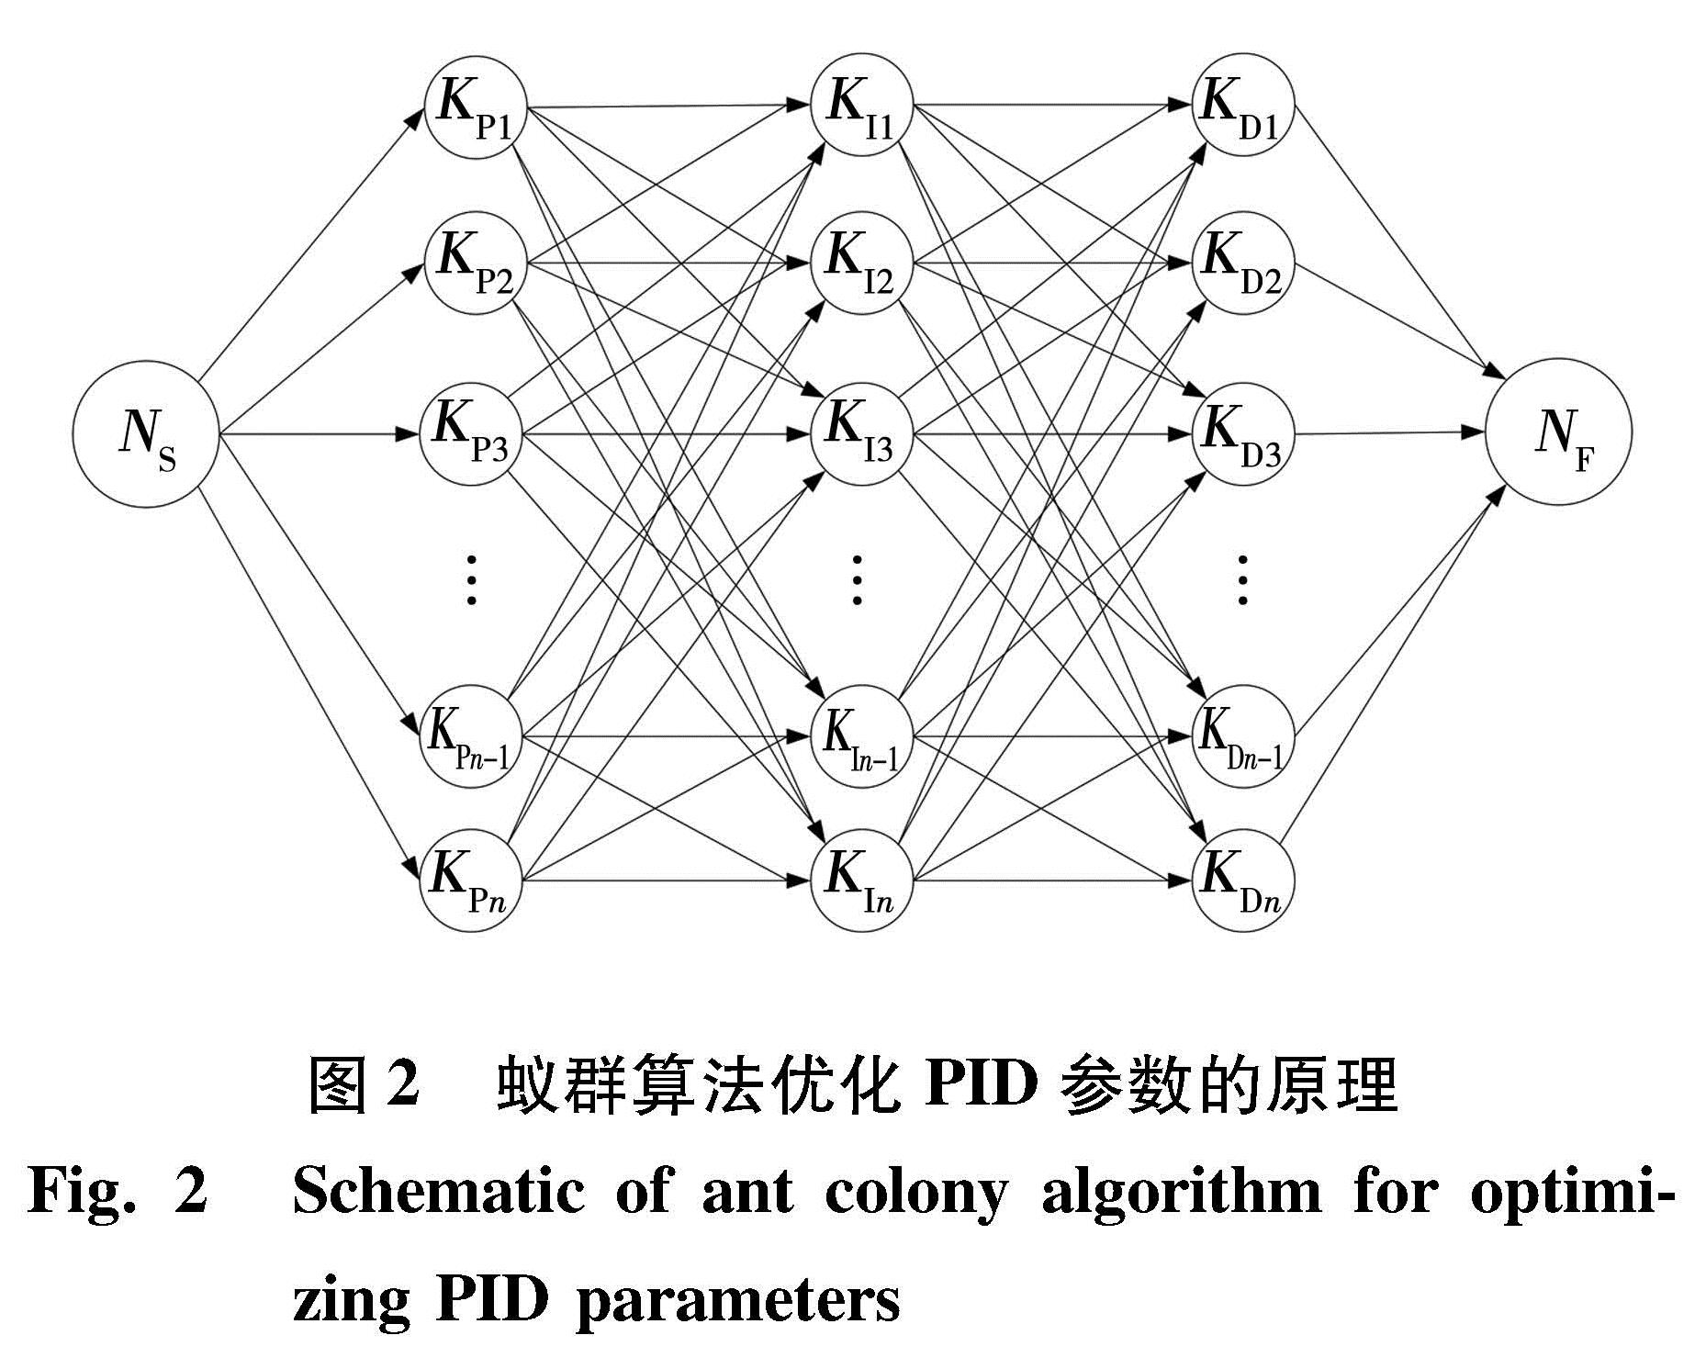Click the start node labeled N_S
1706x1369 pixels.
click(x=146, y=432)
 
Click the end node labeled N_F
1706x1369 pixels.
click(x=1558, y=432)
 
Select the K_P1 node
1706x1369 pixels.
click(x=475, y=107)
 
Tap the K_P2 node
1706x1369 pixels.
click(x=475, y=263)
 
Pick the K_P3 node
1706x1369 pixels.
click(x=471, y=432)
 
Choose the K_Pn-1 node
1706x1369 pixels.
click(x=471, y=736)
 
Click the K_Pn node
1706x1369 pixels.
click(x=471, y=880)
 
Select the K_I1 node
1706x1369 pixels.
click(x=860, y=105)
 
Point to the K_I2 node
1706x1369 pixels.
click(x=860, y=263)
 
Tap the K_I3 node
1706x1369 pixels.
click(x=860, y=432)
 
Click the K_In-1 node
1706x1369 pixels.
click(x=860, y=736)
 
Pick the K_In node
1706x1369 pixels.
click(x=860, y=880)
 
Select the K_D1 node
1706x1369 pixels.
click(x=1242, y=105)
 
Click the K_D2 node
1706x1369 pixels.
click(x=1242, y=263)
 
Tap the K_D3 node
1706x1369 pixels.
click(x=1242, y=432)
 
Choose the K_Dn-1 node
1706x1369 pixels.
click(x=1242, y=736)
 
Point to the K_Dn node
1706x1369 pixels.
click(x=1242, y=880)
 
